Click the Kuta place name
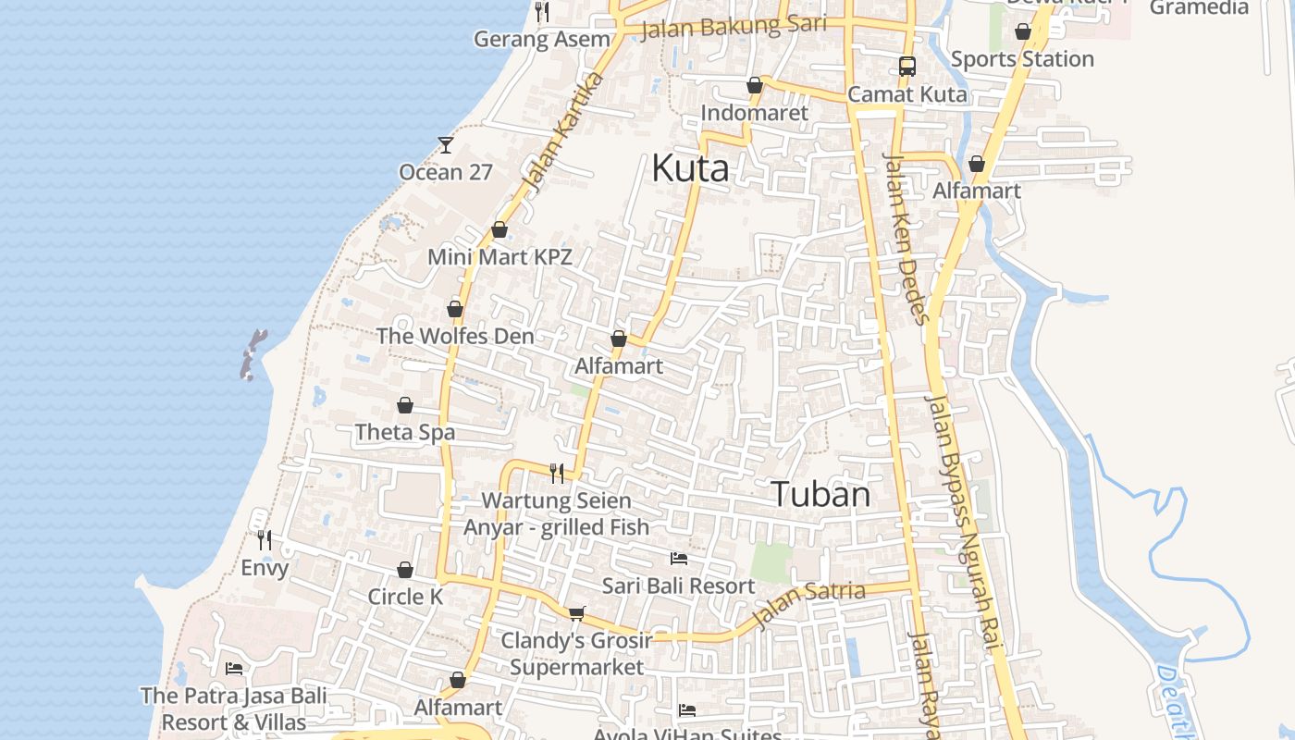pyautogui.click(x=690, y=168)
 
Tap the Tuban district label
pyautogui.click(x=820, y=494)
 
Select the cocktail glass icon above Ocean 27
pyautogui.click(x=446, y=145)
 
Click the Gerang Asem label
pyautogui.click(x=542, y=39)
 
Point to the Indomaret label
pyautogui.click(x=755, y=113)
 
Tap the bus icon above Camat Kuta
pyautogui.click(x=907, y=67)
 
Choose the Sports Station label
pyautogui.click(x=1022, y=59)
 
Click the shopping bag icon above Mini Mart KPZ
pyautogui.click(x=499, y=229)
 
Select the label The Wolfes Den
pyautogui.click(x=455, y=336)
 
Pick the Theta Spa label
pyautogui.click(x=405, y=432)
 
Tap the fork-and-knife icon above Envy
pyautogui.click(x=265, y=539)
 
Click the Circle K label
pyautogui.click(x=405, y=597)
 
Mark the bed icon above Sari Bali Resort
pyautogui.click(x=679, y=559)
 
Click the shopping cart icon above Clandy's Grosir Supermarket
pyautogui.click(x=577, y=612)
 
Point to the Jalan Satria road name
pyautogui.click(x=809, y=603)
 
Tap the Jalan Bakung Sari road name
pyautogui.click(x=734, y=27)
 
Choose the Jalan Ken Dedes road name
pyautogui.click(x=906, y=239)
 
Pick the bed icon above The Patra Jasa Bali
pyautogui.click(x=234, y=668)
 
